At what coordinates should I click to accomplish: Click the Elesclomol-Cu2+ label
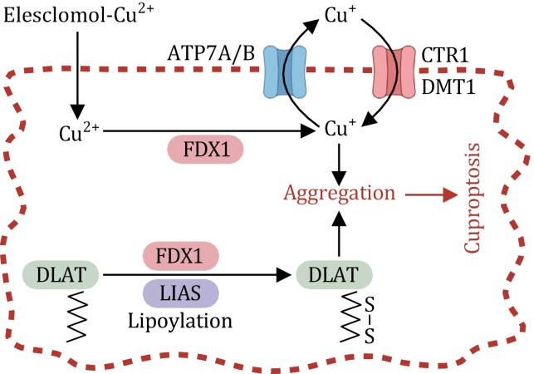[78, 15]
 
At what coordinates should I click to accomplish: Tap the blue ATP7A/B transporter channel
[285, 72]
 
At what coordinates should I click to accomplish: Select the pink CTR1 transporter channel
[394, 72]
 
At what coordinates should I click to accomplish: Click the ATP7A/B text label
[211, 53]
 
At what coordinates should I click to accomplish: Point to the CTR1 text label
[445, 55]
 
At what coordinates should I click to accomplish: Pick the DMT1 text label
[448, 87]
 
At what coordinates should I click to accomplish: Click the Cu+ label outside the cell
[340, 15]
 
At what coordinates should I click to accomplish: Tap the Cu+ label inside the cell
[340, 128]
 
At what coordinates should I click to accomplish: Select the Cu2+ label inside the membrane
[79, 131]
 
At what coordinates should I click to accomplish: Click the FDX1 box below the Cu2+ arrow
[206, 149]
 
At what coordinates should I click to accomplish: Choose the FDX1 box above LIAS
[180, 256]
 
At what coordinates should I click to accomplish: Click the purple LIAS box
[180, 293]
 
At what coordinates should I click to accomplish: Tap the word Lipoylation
[180, 321]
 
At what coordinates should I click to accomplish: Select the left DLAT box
[61, 274]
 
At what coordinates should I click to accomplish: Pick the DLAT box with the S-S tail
[334, 274]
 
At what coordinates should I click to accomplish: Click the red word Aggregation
[340, 194]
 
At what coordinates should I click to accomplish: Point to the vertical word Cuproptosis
[473, 198]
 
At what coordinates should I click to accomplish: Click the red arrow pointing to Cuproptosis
[432, 195]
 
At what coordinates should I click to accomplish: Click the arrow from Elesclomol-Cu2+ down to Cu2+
[77, 75]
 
